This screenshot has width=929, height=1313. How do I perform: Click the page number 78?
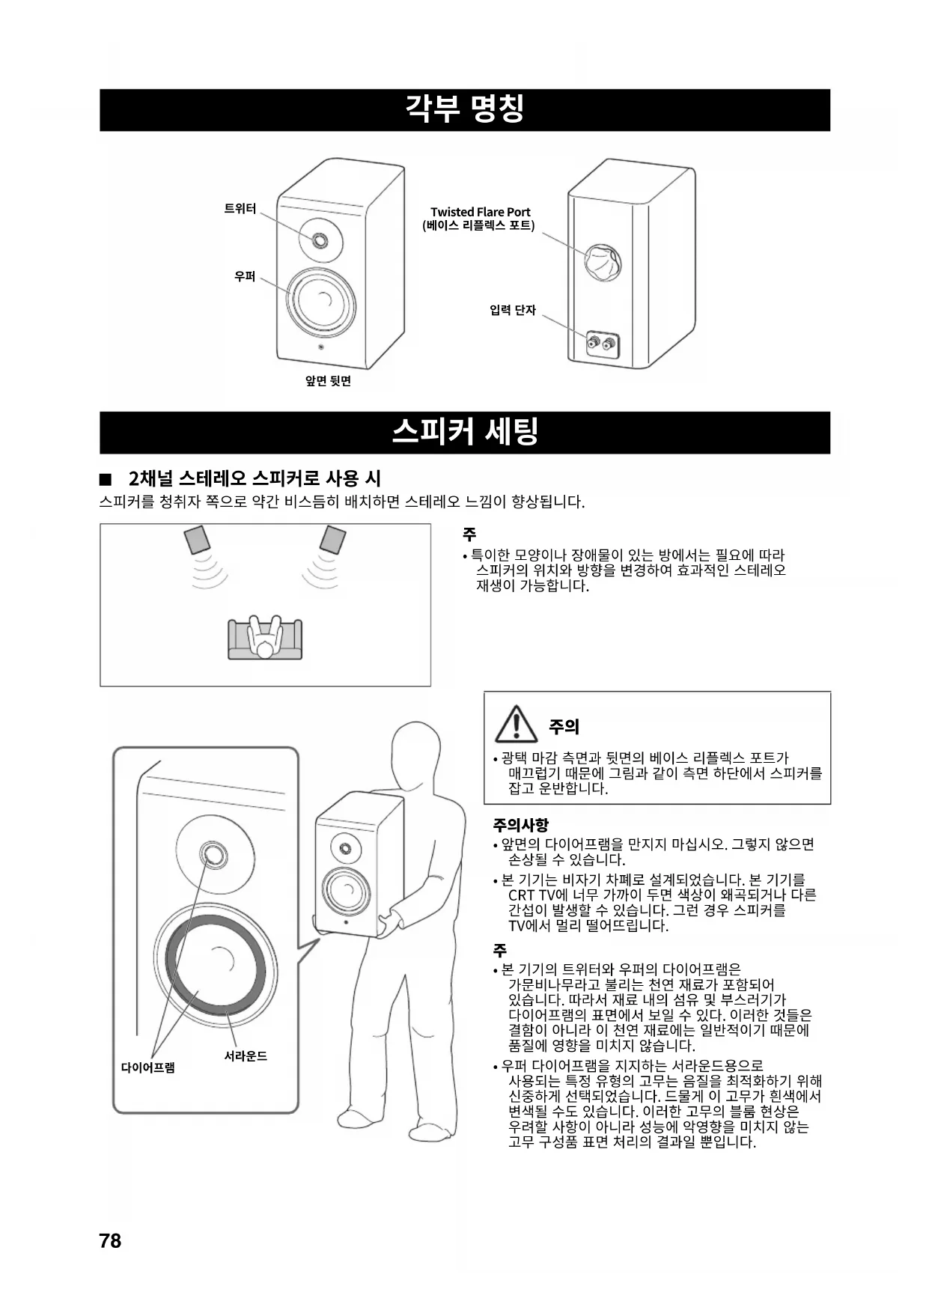coord(110,1240)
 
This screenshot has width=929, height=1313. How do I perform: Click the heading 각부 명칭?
coord(464,109)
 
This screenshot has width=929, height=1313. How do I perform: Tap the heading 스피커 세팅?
coord(464,432)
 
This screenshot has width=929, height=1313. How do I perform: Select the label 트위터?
coord(240,209)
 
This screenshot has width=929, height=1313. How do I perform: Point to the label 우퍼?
coord(245,276)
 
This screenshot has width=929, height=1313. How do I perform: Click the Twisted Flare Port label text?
coord(480,212)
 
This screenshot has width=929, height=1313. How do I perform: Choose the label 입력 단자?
coord(513,310)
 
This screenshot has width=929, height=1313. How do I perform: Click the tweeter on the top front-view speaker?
coord(320,240)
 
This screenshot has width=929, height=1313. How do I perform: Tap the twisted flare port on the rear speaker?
coord(602,261)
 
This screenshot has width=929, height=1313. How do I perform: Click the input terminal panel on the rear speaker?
coord(603,345)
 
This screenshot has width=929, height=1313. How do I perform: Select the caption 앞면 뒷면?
coord(328,381)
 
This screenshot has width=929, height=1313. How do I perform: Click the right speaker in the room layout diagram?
coord(332,539)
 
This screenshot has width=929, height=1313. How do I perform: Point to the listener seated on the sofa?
coord(265,640)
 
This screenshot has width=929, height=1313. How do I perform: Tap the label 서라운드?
coord(246,1055)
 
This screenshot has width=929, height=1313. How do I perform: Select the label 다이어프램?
coord(148,1067)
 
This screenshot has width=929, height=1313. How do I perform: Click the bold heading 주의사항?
coord(520,825)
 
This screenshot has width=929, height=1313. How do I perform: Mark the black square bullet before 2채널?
coord(106,478)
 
